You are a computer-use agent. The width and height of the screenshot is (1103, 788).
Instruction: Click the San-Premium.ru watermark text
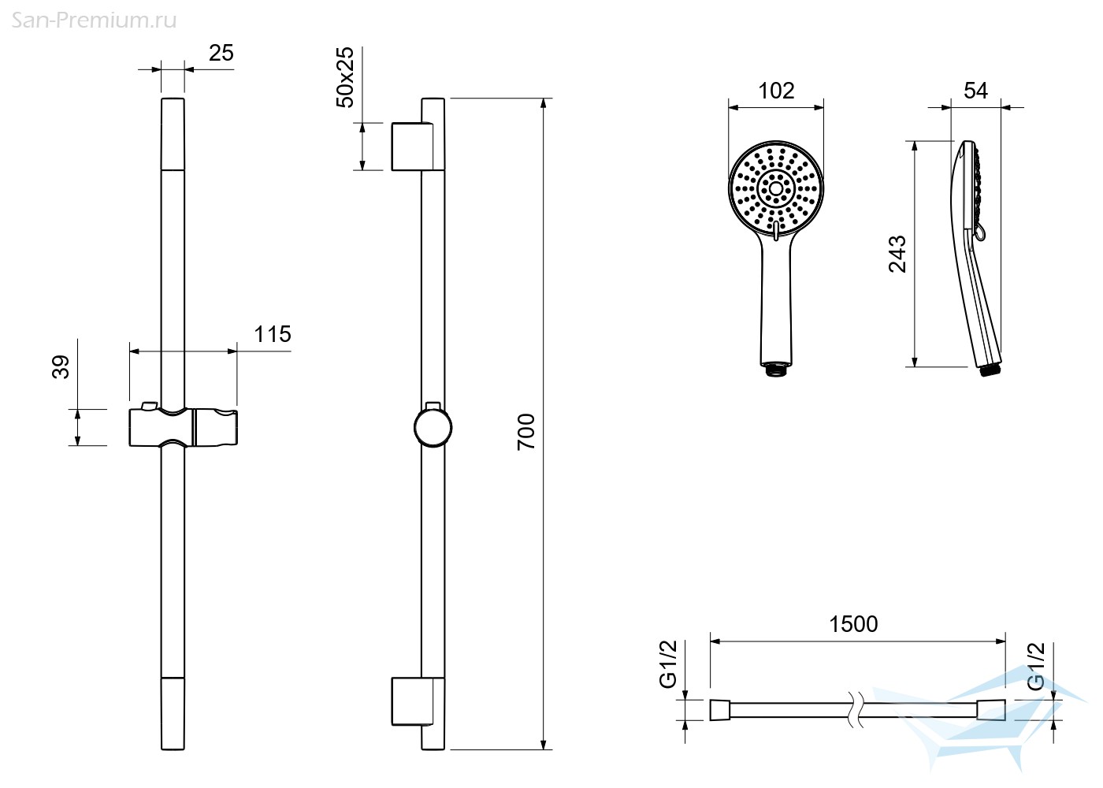point(94,21)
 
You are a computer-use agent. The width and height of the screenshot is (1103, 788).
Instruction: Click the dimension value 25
point(221,53)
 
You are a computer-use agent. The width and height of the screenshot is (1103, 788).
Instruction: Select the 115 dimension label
point(273,334)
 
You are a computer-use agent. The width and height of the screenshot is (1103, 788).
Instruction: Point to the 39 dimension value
point(61,366)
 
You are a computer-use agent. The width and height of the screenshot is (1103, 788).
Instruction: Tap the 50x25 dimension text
point(345,77)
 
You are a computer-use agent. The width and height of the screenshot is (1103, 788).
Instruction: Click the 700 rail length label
point(526,432)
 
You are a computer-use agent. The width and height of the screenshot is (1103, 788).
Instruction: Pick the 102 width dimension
point(776,91)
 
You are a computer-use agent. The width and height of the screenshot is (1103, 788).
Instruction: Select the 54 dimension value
point(976,91)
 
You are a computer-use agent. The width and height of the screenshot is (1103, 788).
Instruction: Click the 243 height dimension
point(897,254)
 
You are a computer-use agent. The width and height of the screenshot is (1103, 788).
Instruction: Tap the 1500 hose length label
point(853,624)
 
